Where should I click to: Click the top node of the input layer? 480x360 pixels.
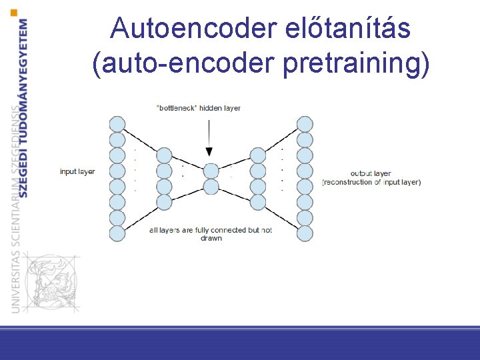(117, 124)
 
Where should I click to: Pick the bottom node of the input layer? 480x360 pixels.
(117, 233)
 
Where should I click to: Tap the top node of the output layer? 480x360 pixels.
(305, 124)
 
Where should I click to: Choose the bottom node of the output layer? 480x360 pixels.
(305, 233)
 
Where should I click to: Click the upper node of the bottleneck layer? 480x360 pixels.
(211, 171)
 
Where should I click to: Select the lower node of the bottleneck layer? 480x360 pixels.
(211, 186)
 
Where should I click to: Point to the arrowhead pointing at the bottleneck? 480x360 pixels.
(210, 152)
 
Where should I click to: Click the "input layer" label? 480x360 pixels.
(77, 172)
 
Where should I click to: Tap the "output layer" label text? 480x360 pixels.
(371, 174)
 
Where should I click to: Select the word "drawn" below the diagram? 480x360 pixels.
(211, 238)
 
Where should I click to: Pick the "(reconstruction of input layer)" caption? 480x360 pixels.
(371, 182)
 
